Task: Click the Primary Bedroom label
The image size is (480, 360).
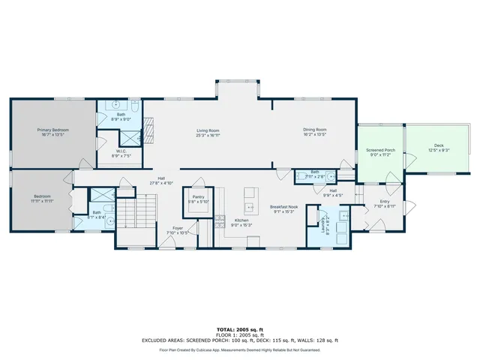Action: click(x=53, y=130)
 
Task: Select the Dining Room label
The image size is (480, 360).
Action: click(x=315, y=130)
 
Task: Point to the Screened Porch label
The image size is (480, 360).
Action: click(x=380, y=151)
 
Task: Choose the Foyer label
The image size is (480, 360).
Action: click(x=178, y=228)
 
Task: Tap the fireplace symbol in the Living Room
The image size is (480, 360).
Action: click(x=148, y=133)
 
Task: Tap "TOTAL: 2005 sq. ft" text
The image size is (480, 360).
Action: click(x=240, y=329)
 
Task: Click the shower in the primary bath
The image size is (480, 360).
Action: click(x=130, y=136)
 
